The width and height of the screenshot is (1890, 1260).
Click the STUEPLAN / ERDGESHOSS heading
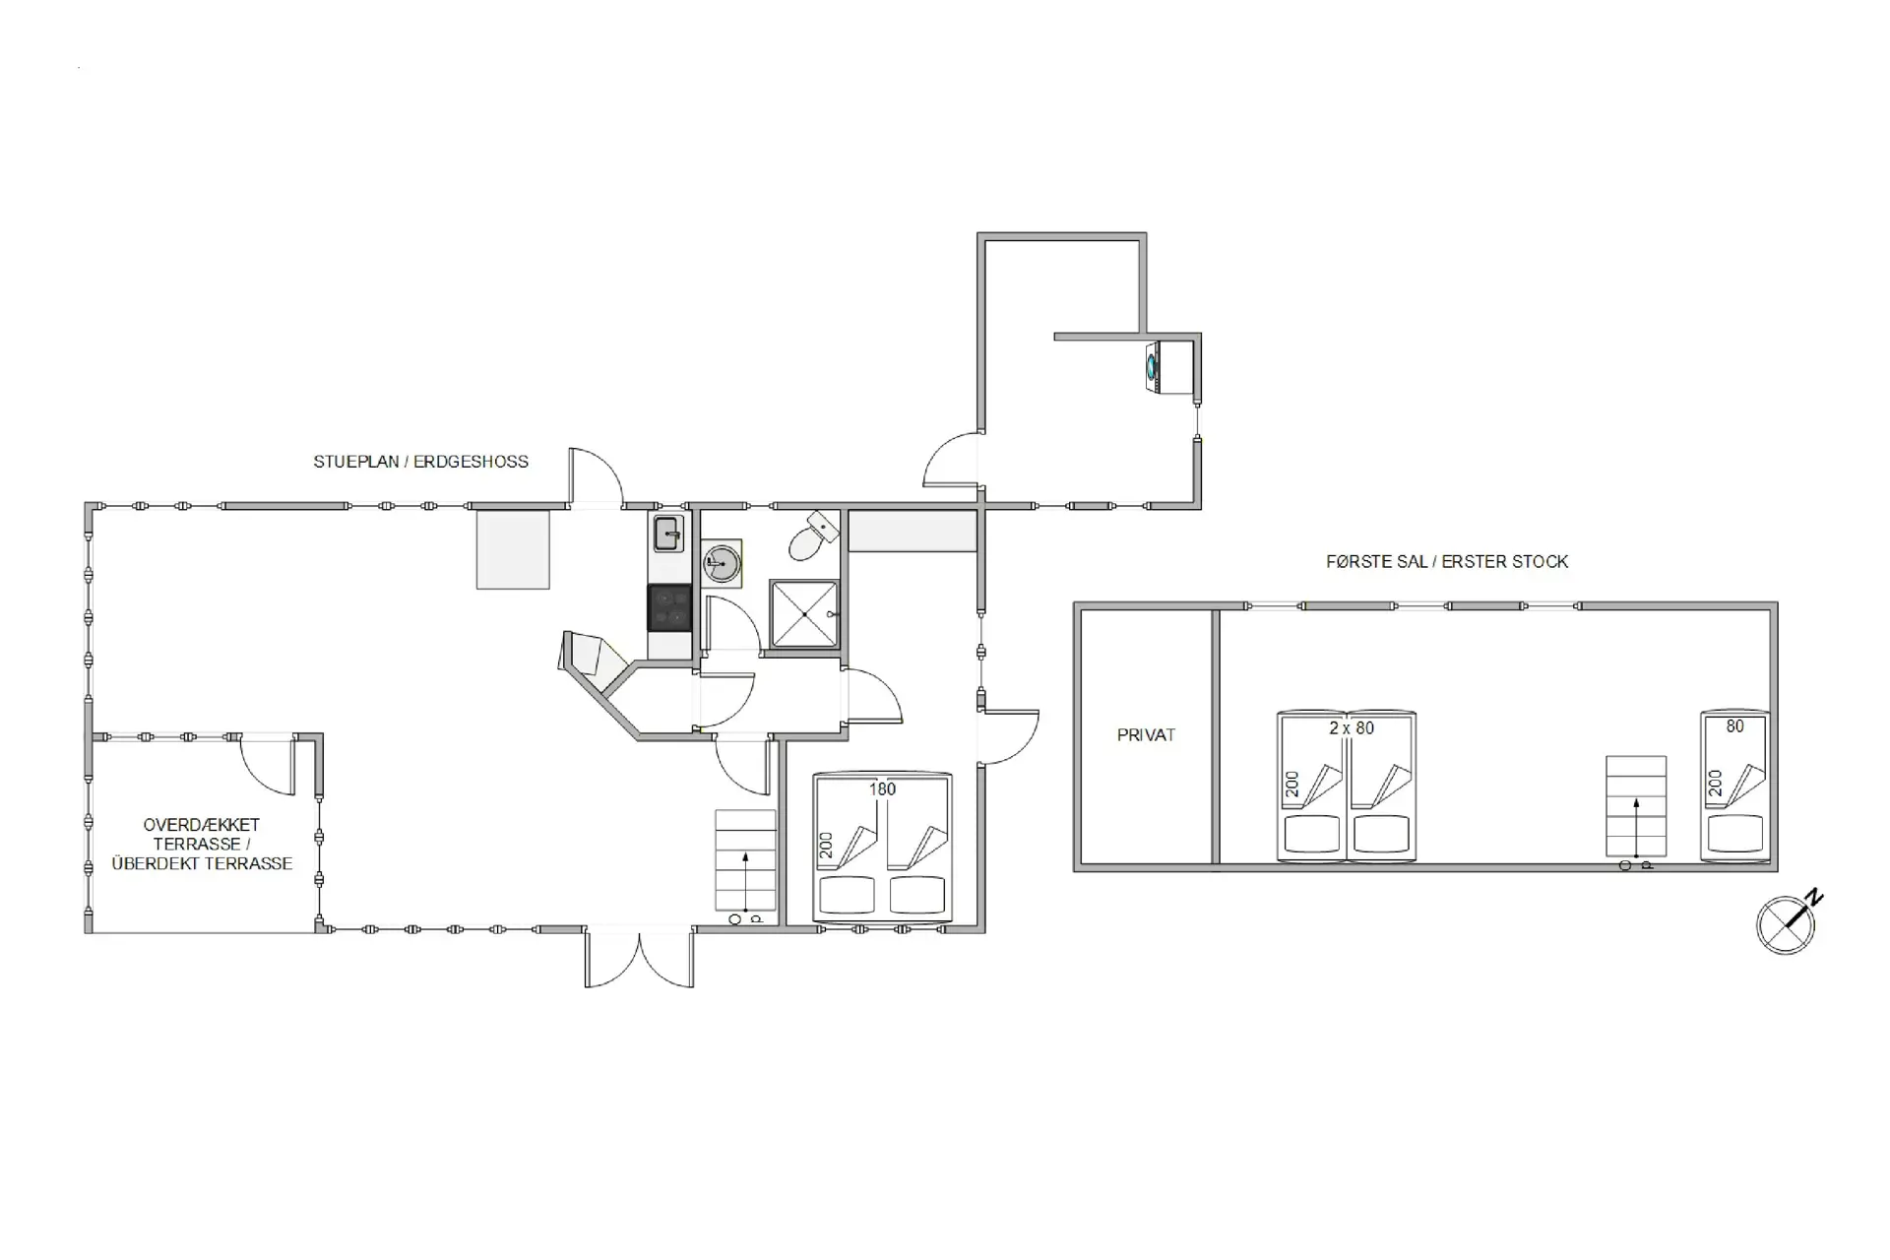(420, 462)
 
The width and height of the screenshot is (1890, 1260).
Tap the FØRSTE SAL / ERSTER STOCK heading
(1446, 562)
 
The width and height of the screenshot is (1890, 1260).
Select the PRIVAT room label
(1146, 735)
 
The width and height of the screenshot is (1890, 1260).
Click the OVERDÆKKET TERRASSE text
(202, 844)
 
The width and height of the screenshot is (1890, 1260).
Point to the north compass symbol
(1787, 923)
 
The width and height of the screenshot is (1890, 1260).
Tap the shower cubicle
(804, 613)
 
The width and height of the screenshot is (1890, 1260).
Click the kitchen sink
(668, 535)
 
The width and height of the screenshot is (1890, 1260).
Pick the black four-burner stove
(669, 606)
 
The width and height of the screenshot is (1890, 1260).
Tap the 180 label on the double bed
(882, 789)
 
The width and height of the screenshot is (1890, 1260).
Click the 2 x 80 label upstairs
(1351, 728)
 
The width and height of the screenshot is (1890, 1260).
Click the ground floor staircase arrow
(745, 881)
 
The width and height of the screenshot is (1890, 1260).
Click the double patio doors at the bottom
(639, 957)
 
